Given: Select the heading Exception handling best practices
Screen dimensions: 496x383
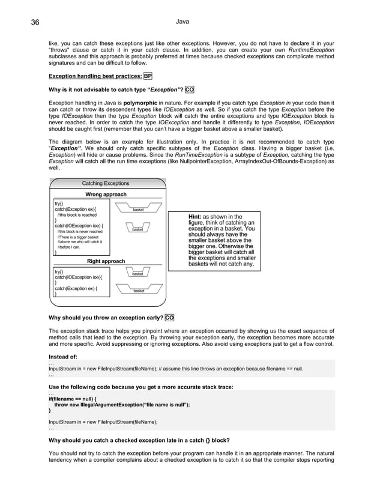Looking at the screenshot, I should coord(95,77).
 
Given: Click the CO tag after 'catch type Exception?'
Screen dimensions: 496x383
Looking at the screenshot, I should coord(189,90).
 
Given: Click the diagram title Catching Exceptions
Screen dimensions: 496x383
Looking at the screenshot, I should coord(106,183).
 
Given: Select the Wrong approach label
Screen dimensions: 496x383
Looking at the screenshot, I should coord(106,195).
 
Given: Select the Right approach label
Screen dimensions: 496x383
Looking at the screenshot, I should coord(106,261).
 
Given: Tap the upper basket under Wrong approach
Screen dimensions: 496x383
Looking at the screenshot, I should coord(138,209).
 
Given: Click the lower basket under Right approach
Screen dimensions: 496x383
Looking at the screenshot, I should coord(139,290).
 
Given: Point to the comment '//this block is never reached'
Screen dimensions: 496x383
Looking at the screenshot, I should coord(80,231).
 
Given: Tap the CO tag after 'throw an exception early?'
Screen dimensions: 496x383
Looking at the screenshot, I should coord(169,317).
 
